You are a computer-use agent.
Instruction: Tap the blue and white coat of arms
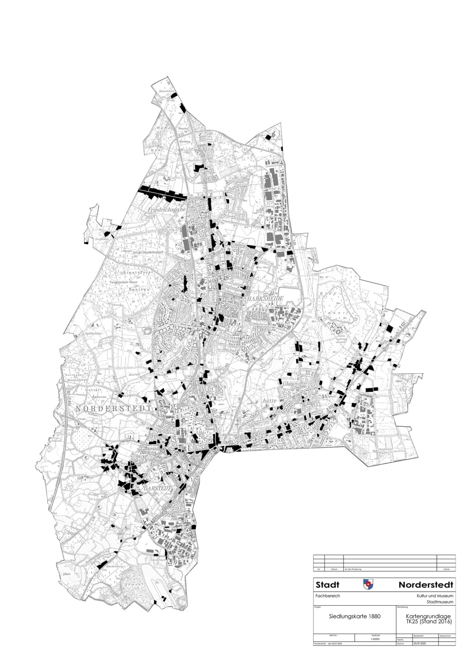click(x=368, y=584)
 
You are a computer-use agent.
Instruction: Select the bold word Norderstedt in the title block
click(x=425, y=585)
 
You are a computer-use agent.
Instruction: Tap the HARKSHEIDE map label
click(x=264, y=299)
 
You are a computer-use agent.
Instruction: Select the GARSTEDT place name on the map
click(x=156, y=489)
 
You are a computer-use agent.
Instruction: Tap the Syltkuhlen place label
click(x=92, y=333)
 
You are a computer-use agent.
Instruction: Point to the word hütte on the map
click(x=270, y=400)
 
